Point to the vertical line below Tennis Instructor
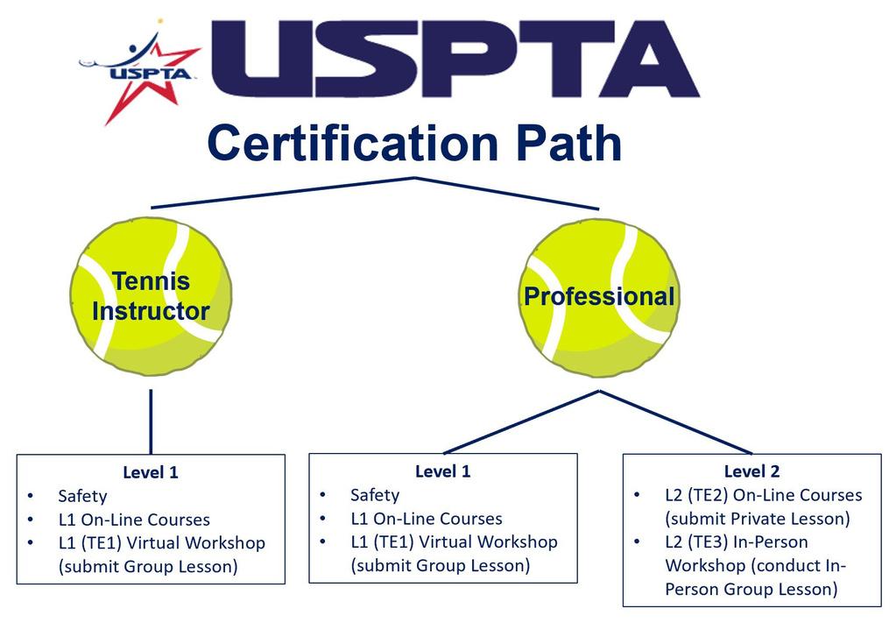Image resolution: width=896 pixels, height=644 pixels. [x=151, y=421]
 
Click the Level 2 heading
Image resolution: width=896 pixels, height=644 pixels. [x=751, y=471]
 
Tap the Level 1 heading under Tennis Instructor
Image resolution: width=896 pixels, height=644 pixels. [x=151, y=472]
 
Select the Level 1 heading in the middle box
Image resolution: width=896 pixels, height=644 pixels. [x=442, y=471]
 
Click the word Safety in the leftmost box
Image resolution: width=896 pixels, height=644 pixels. [x=82, y=496]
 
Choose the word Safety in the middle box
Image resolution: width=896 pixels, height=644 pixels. [x=375, y=495]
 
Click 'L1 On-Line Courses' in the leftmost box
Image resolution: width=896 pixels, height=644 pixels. [x=134, y=520]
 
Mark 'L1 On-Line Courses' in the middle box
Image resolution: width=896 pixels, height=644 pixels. [x=427, y=519]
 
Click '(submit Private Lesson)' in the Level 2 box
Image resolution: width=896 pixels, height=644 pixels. [x=757, y=519]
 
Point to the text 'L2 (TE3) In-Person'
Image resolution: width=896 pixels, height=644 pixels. [x=737, y=541]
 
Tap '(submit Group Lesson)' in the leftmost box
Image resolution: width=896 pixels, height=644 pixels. [x=148, y=566]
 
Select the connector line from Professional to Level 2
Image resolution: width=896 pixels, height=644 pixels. [x=674, y=422]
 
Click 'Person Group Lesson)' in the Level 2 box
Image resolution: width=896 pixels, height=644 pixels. [x=751, y=589]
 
